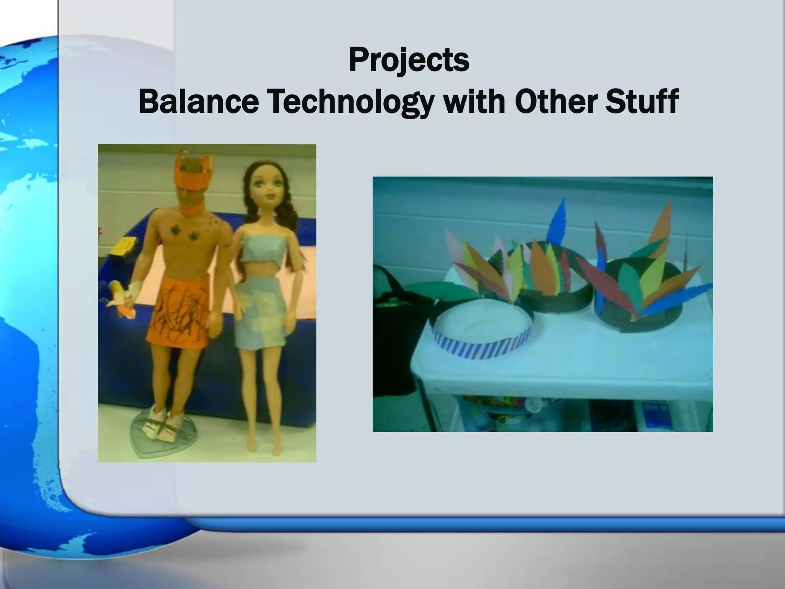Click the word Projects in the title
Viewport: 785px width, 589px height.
click(409, 61)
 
